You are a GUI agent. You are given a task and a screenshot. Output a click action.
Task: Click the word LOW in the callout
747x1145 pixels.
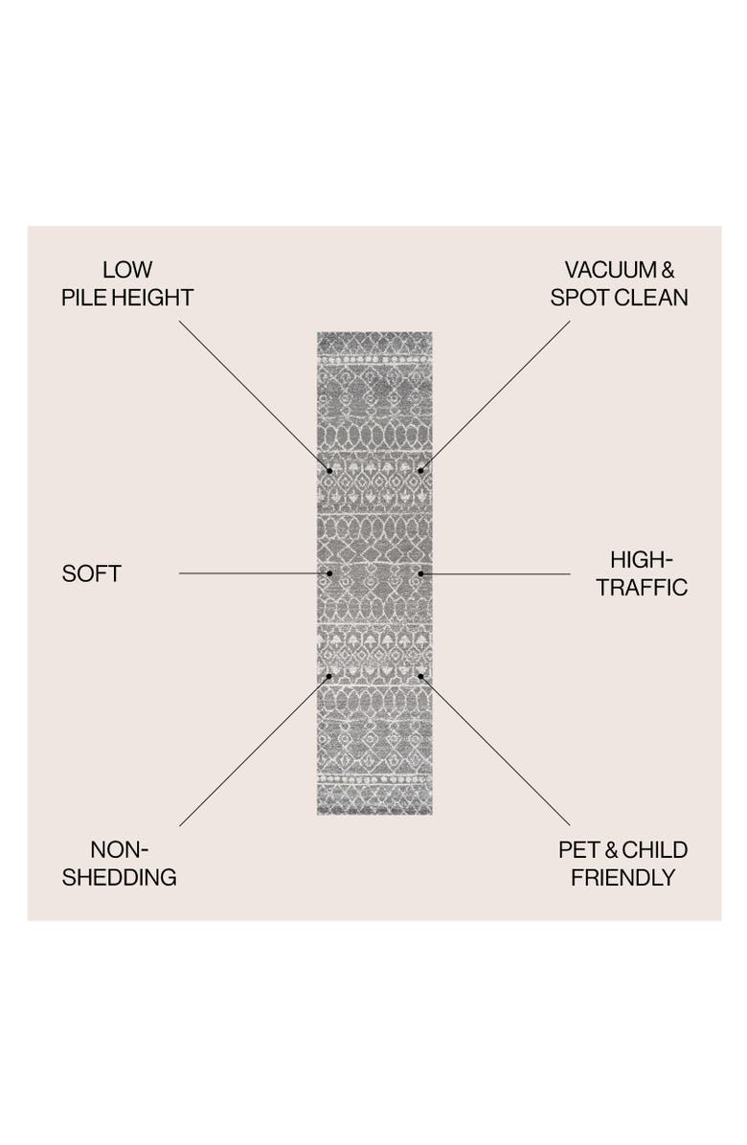(x=127, y=269)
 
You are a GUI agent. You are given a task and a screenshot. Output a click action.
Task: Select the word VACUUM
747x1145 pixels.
(x=610, y=269)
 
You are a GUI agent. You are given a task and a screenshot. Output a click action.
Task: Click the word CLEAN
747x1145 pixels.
(x=650, y=298)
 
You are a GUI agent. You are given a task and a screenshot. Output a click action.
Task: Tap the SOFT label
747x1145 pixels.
(x=91, y=574)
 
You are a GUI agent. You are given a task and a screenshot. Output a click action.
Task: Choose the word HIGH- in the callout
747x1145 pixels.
(x=642, y=560)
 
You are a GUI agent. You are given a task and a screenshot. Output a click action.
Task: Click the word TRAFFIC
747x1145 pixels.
(x=642, y=588)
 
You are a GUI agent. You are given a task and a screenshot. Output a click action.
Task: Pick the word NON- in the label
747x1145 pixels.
(x=119, y=850)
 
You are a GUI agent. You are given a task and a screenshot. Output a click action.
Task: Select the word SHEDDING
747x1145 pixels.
(x=119, y=878)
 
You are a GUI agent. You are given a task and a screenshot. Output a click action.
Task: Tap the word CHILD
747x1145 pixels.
(x=654, y=850)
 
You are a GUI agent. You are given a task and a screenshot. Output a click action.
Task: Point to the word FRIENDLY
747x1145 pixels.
(x=622, y=878)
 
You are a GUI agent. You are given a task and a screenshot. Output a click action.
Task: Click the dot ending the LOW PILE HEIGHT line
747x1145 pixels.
(x=329, y=471)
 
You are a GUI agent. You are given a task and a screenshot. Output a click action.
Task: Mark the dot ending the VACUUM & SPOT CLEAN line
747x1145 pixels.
(x=420, y=471)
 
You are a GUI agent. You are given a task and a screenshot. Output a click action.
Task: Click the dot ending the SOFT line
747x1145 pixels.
(x=329, y=574)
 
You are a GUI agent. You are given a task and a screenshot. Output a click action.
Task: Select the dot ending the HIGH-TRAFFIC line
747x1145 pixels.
(x=420, y=574)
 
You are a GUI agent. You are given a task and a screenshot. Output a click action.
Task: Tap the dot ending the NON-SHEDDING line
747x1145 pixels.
(x=329, y=677)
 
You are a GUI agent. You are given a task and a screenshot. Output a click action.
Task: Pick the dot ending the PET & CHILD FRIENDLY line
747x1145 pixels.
(x=420, y=677)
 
